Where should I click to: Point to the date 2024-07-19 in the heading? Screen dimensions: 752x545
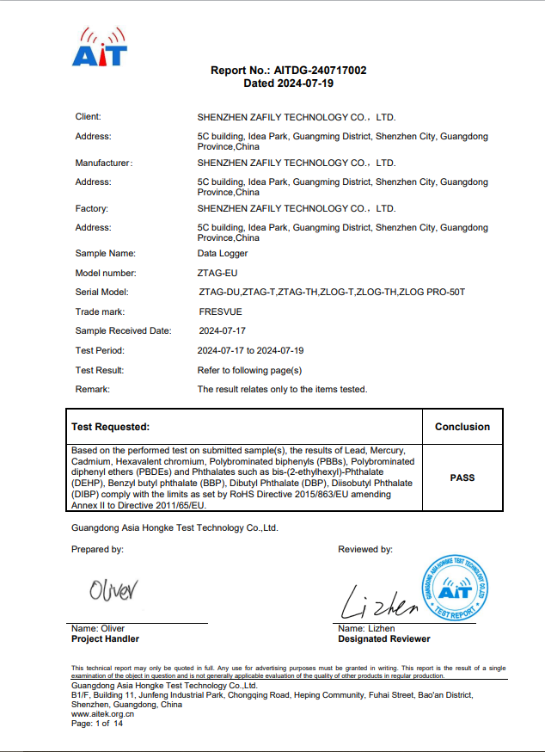coord(304,83)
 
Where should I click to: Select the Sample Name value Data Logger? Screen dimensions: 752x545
coord(223,254)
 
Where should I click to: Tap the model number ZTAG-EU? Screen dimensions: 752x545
coord(217,273)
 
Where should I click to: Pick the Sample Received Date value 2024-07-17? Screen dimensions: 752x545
coord(223,330)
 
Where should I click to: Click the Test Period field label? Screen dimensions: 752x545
coord(100,350)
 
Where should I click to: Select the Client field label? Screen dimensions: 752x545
coord(89,116)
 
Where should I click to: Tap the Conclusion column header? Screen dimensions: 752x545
coord(462,427)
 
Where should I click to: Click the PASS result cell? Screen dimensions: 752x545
coord(462,478)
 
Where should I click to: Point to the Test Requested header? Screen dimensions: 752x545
coord(110,427)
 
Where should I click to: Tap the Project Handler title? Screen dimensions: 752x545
coord(105,639)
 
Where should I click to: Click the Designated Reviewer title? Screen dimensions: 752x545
coord(384,639)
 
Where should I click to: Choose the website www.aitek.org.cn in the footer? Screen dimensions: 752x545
coord(102,714)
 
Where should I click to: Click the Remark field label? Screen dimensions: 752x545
coord(93,389)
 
